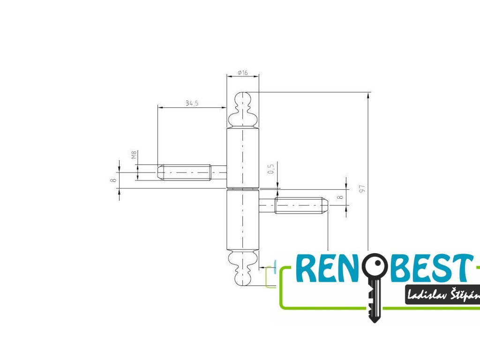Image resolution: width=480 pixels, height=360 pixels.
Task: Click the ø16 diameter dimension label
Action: pyautogui.click(x=242, y=73)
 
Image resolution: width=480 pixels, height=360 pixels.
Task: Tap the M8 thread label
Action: pyautogui.click(x=134, y=155)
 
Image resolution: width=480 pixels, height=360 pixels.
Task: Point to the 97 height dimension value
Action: pyautogui.click(x=362, y=189)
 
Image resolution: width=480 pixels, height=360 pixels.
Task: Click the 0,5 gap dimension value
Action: pyautogui.click(x=270, y=169)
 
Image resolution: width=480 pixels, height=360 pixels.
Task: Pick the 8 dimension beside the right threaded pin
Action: pyautogui.click(x=341, y=197)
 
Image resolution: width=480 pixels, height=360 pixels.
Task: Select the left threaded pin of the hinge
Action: pyautogui.click(x=187, y=172)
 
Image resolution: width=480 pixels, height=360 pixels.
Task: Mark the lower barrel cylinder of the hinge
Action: pyautogui.click(x=242, y=220)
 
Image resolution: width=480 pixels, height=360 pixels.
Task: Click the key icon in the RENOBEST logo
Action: pyautogui.click(x=374, y=286)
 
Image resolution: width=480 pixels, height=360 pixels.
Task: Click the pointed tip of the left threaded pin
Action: pyautogui.click(x=160, y=172)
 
